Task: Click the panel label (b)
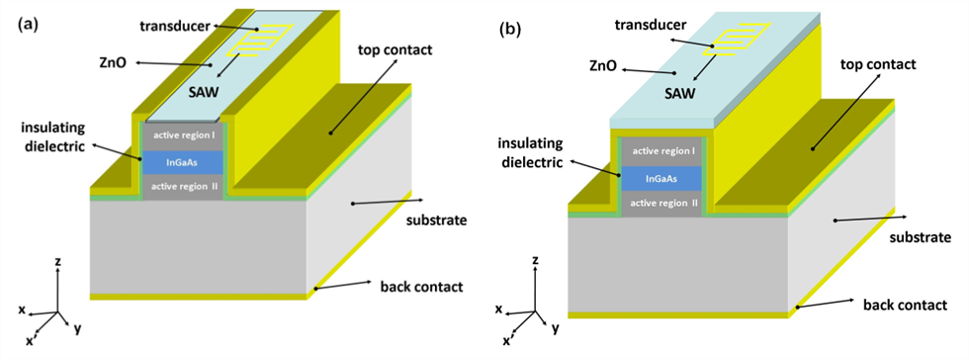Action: pos(507,29)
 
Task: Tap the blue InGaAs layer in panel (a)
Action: pos(182,162)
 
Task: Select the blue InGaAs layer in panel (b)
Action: pos(661,178)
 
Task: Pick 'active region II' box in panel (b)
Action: pos(661,203)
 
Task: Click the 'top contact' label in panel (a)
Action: pos(395,49)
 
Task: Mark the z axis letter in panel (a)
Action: pos(57,262)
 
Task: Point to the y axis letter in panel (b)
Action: pos(557,329)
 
